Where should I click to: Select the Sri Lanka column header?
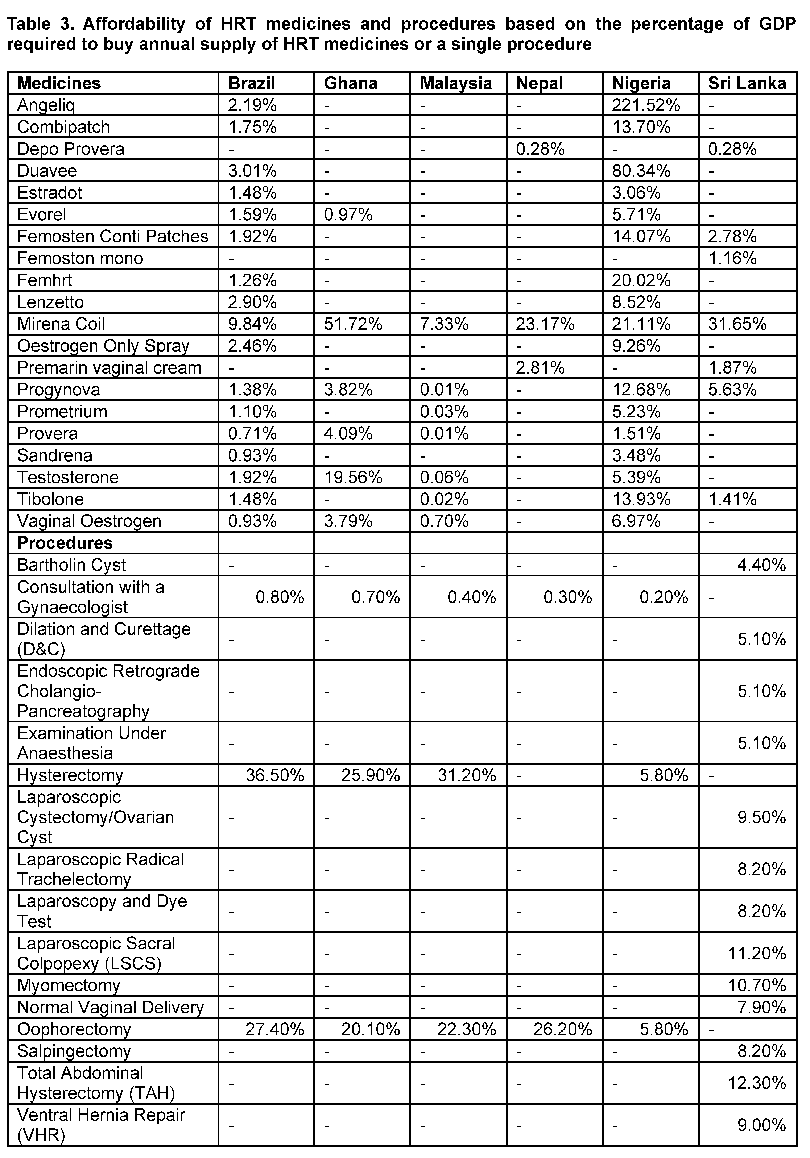click(x=747, y=83)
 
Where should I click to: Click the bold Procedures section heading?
click(x=65, y=543)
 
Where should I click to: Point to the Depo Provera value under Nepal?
click(x=540, y=149)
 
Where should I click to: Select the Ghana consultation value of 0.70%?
click(x=376, y=597)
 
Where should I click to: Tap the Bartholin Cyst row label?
click(x=71, y=565)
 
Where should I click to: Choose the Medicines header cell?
click(x=59, y=83)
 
